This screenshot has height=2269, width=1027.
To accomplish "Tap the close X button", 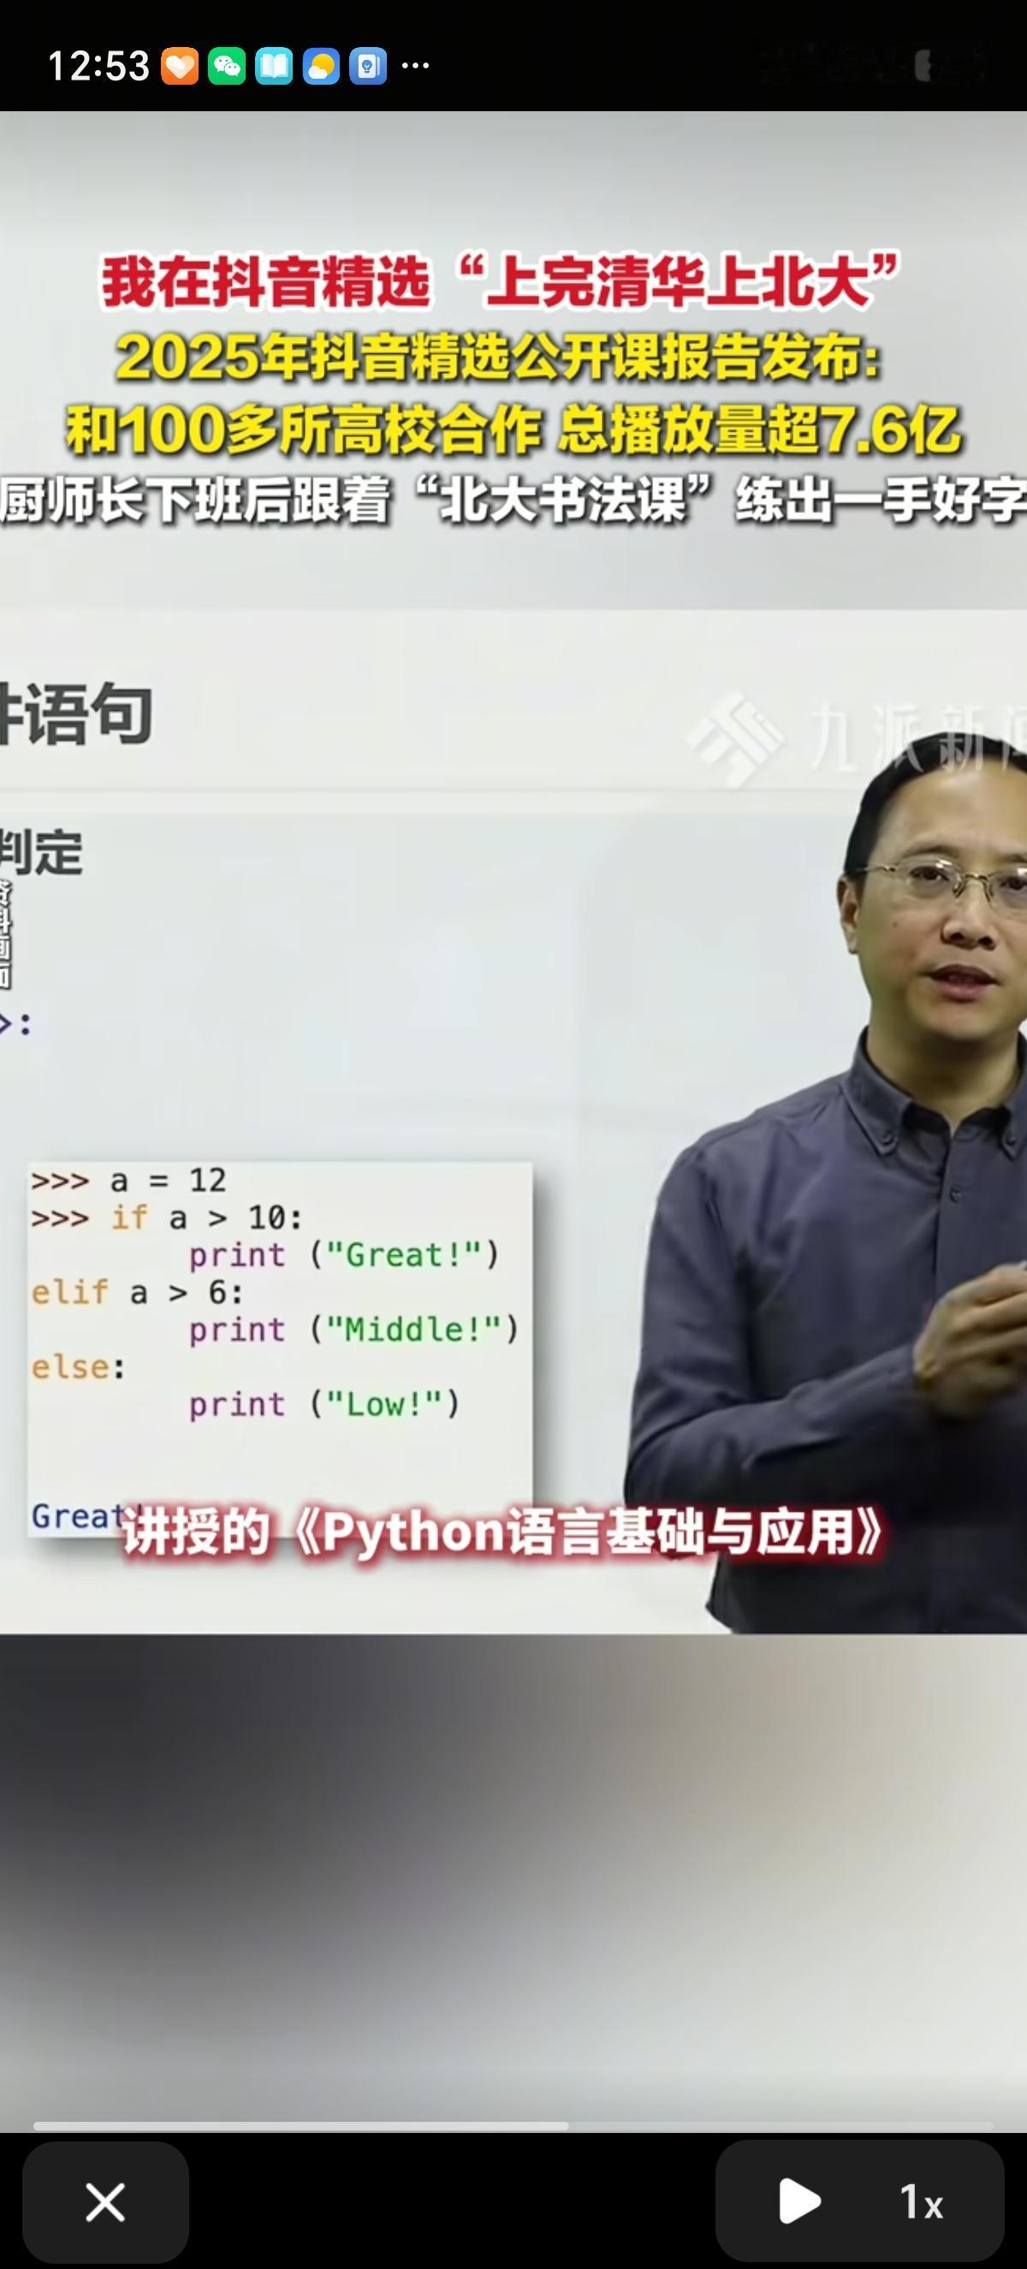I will [104, 2202].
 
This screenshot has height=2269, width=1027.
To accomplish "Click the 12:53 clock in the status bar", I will [98, 66].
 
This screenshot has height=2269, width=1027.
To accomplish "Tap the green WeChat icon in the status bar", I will [226, 66].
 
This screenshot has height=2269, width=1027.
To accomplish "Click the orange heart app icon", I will [179, 66].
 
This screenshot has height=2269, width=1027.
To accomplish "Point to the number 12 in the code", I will [207, 1181].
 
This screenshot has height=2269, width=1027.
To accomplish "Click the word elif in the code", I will [69, 1292].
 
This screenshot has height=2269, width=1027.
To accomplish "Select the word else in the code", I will [69, 1367].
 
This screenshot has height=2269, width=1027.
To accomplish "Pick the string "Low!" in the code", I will [384, 1404].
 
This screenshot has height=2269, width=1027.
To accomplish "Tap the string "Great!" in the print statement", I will [404, 1254].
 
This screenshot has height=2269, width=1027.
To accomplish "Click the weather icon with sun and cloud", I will [321, 66].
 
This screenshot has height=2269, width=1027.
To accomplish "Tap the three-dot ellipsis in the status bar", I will [415, 65].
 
